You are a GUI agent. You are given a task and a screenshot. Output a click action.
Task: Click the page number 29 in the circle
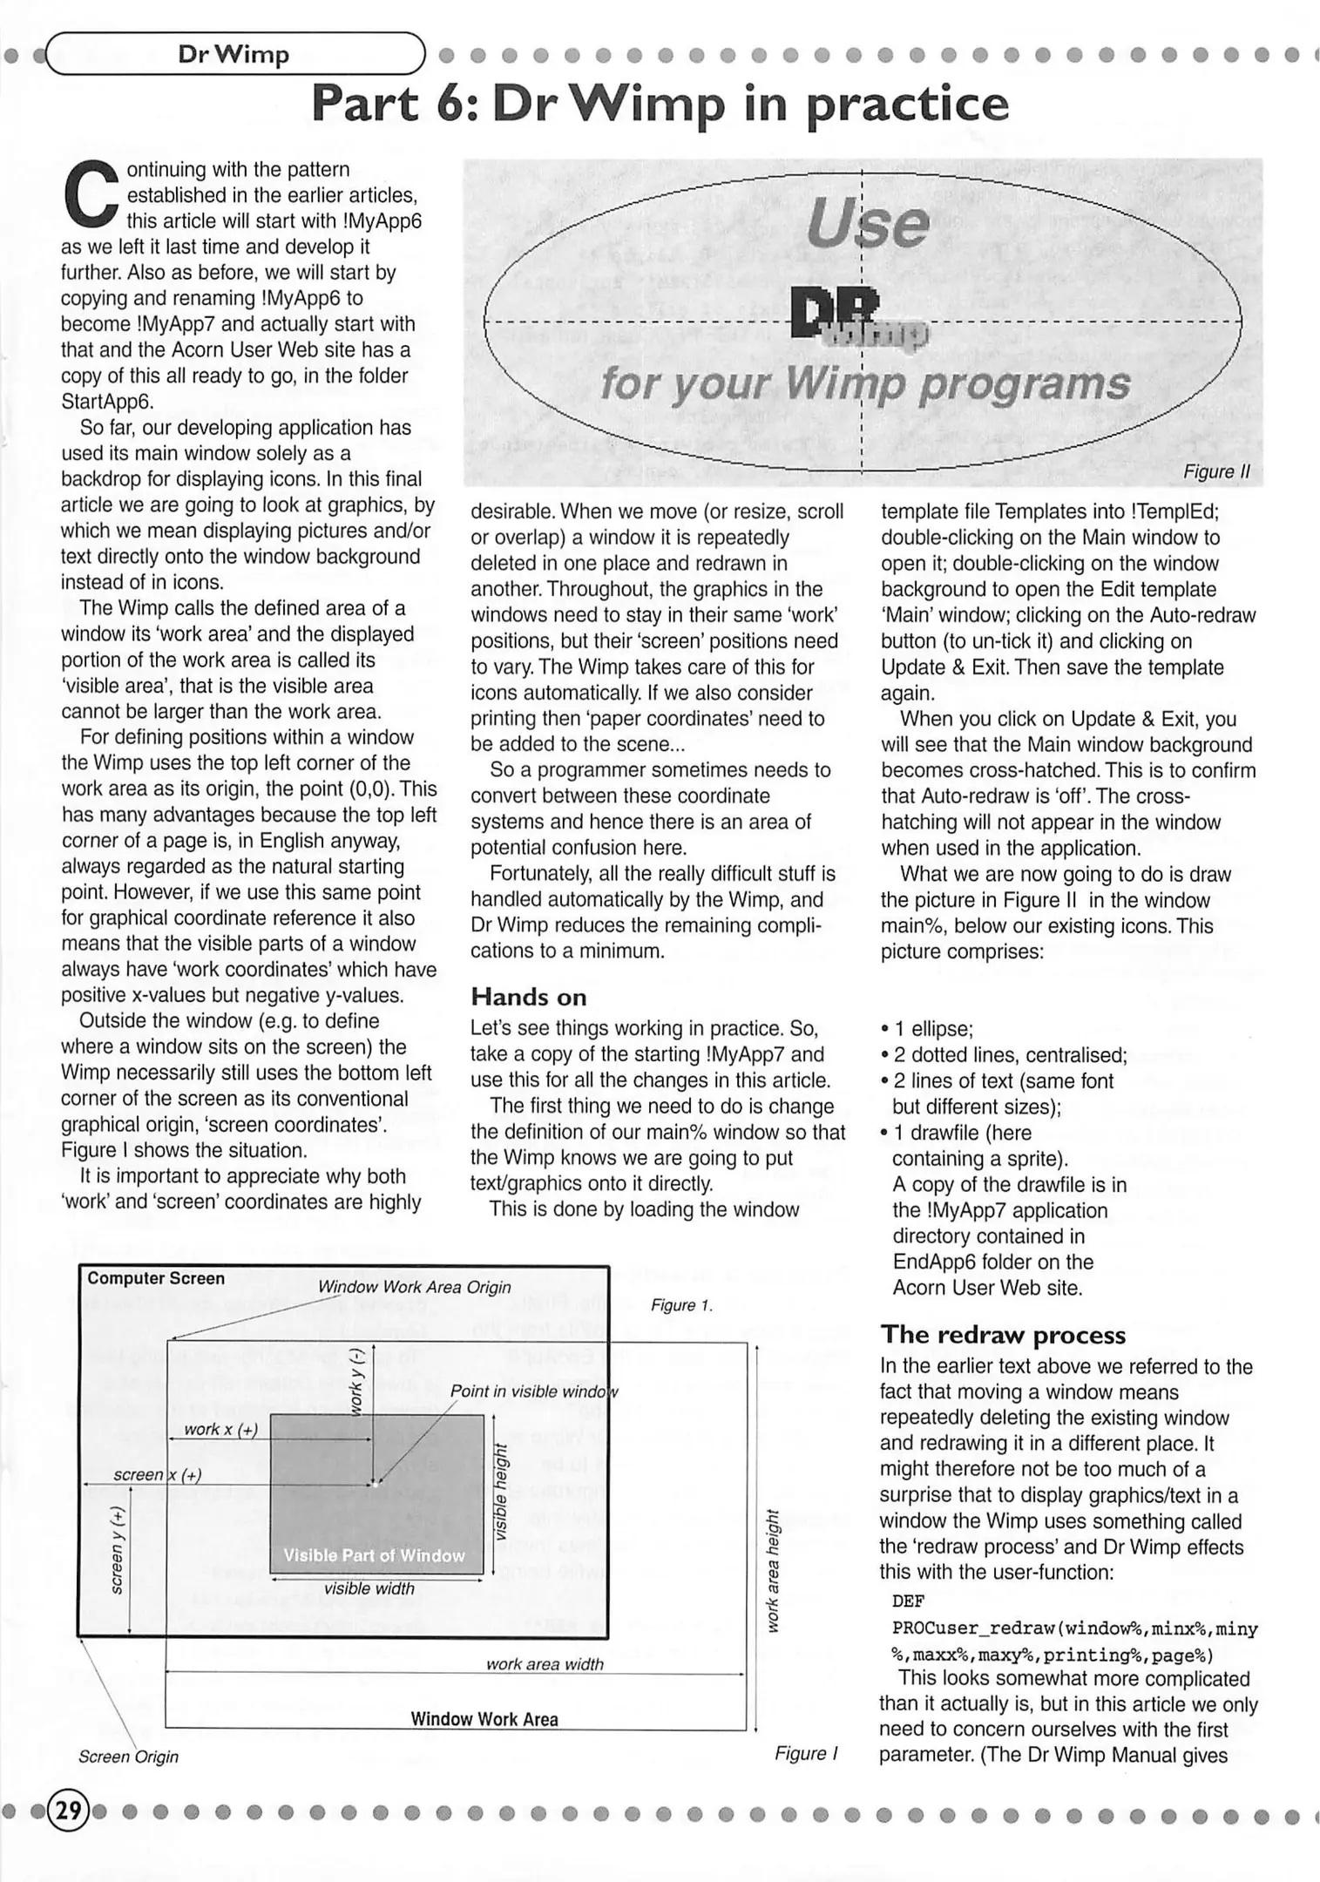(x=69, y=1811)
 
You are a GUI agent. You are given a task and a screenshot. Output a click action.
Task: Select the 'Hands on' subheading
(x=528, y=997)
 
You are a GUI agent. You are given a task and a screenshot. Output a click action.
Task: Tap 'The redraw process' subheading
(x=1002, y=1335)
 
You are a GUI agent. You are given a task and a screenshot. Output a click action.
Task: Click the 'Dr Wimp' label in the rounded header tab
(x=234, y=55)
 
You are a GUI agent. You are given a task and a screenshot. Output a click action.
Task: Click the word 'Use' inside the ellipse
(x=868, y=222)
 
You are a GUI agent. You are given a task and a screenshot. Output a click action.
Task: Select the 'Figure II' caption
(x=1216, y=471)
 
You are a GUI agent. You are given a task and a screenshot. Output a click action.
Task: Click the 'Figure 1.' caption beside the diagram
(x=682, y=1305)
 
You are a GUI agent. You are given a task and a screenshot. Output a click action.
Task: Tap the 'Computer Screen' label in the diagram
(x=156, y=1278)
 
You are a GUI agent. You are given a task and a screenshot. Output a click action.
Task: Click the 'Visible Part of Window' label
(x=374, y=1555)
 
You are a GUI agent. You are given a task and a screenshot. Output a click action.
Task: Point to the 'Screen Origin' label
(x=128, y=1757)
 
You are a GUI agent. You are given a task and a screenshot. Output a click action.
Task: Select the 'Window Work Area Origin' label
(x=414, y=1287)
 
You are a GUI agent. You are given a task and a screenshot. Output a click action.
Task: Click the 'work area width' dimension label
(x=545, y=1664)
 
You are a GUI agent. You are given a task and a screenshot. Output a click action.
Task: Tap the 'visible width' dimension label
(x=369, y=1588)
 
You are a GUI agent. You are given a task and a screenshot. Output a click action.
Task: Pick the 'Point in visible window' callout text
(x=533, y=1391)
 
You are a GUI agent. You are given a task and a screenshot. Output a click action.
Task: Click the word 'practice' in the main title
(x=907, y=105)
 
